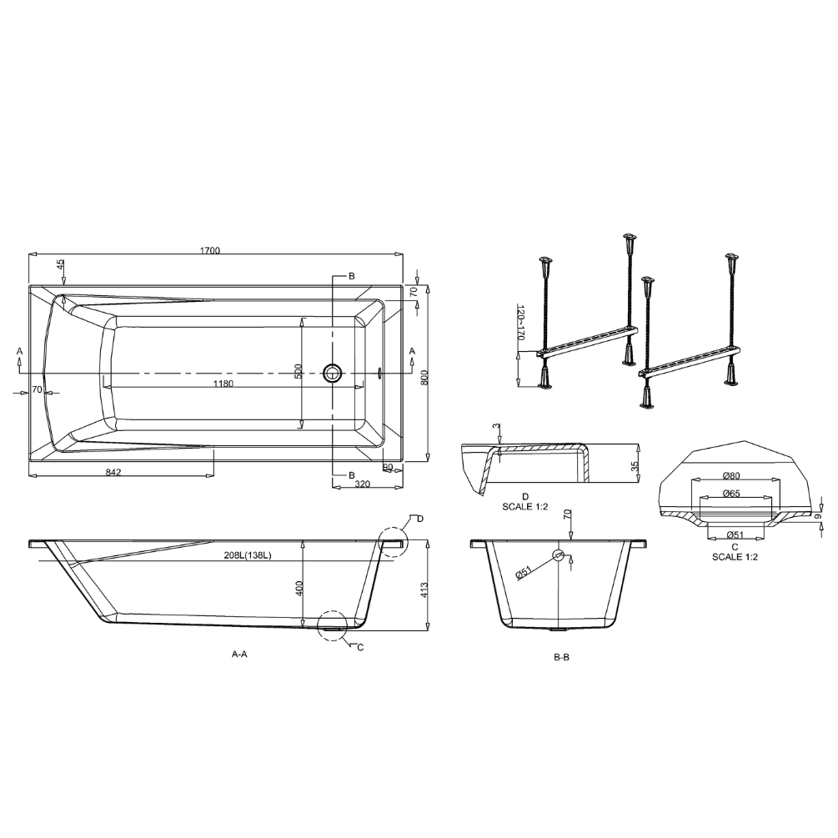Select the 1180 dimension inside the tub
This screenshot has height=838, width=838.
[223, 384]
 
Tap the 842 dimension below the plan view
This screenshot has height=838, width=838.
[114, 472]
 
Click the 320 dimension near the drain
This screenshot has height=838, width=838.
[363, 484]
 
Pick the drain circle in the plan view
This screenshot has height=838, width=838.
[333, 373]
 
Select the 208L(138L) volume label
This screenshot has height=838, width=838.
[248, 555]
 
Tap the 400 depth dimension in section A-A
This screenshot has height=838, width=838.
[299, 589]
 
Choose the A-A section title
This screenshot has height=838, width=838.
[239, 653]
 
